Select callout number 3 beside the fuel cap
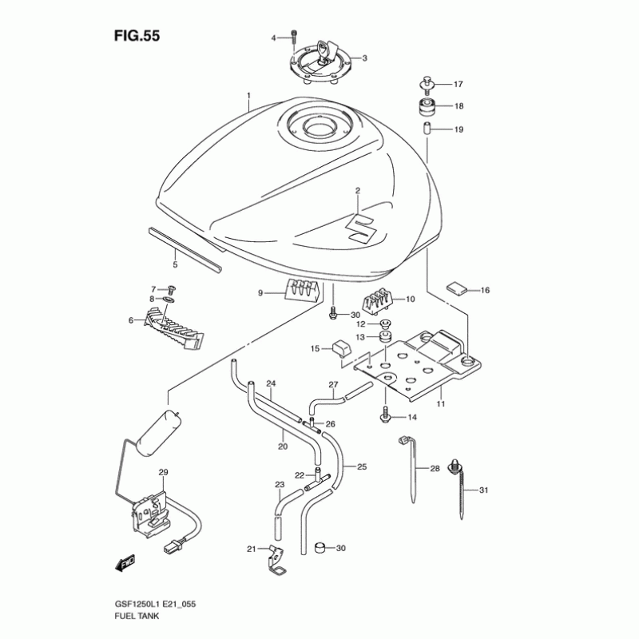[364, 58]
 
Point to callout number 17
[458, 84]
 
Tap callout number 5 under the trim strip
[175, 264]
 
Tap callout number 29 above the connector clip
[164, 474]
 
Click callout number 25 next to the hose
[362, 466]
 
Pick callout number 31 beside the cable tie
[482, 490]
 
